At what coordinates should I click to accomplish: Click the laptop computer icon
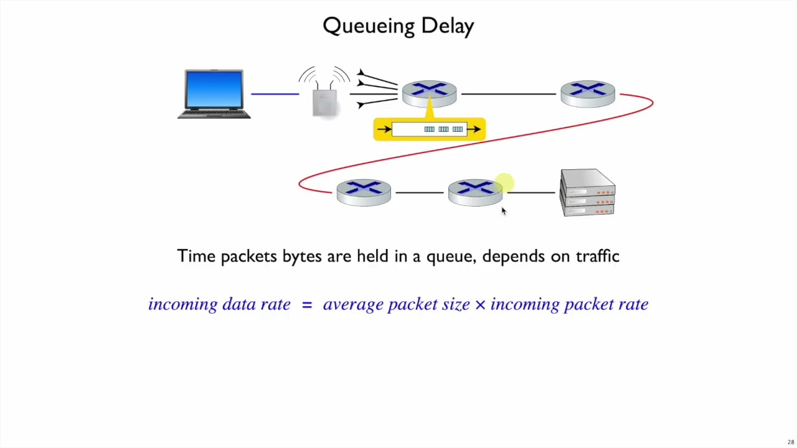(214, 94)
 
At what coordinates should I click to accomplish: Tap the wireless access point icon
(324, 100)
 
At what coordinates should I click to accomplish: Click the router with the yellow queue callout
(429, 94)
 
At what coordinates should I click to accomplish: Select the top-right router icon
(587, 94)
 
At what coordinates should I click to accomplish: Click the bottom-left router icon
(364, 192)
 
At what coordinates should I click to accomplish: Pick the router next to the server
(475, 192)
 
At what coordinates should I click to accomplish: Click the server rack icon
(588, 193)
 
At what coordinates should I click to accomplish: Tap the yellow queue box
(430, 129)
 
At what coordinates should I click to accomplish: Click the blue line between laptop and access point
(275, 94)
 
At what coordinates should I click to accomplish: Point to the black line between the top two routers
(508, 94)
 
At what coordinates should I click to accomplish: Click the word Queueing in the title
(368, 26)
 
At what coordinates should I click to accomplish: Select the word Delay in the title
(447, 26)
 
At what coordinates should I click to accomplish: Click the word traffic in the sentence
(597, 256)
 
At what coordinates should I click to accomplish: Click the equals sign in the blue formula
(306, 304)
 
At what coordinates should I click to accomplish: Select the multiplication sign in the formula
(480, 304)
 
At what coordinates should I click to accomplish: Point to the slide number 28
(790, 442)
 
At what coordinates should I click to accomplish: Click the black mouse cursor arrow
(503, 212)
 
